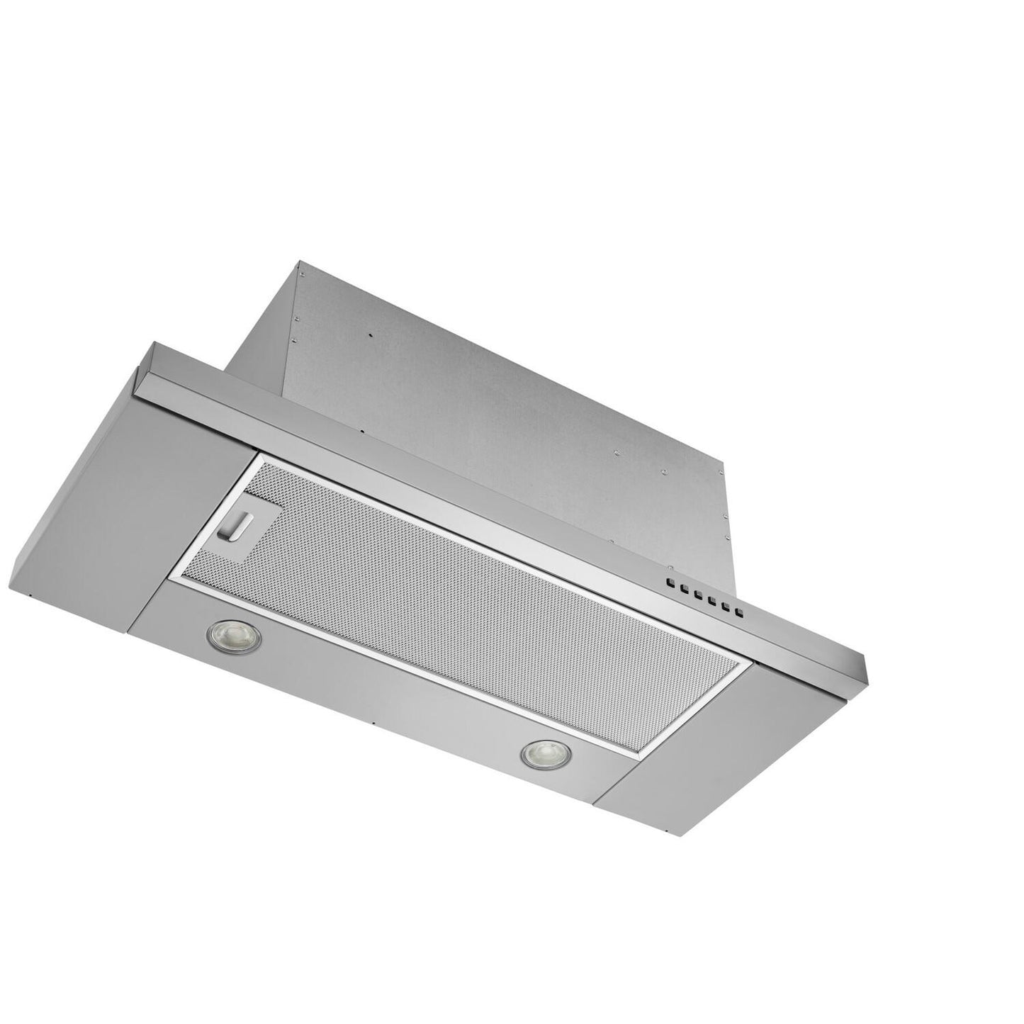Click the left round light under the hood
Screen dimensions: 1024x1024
pyautogui.click(x=232, y=633)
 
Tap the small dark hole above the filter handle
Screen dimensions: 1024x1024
pyautogui.click(x=361, y=432)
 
